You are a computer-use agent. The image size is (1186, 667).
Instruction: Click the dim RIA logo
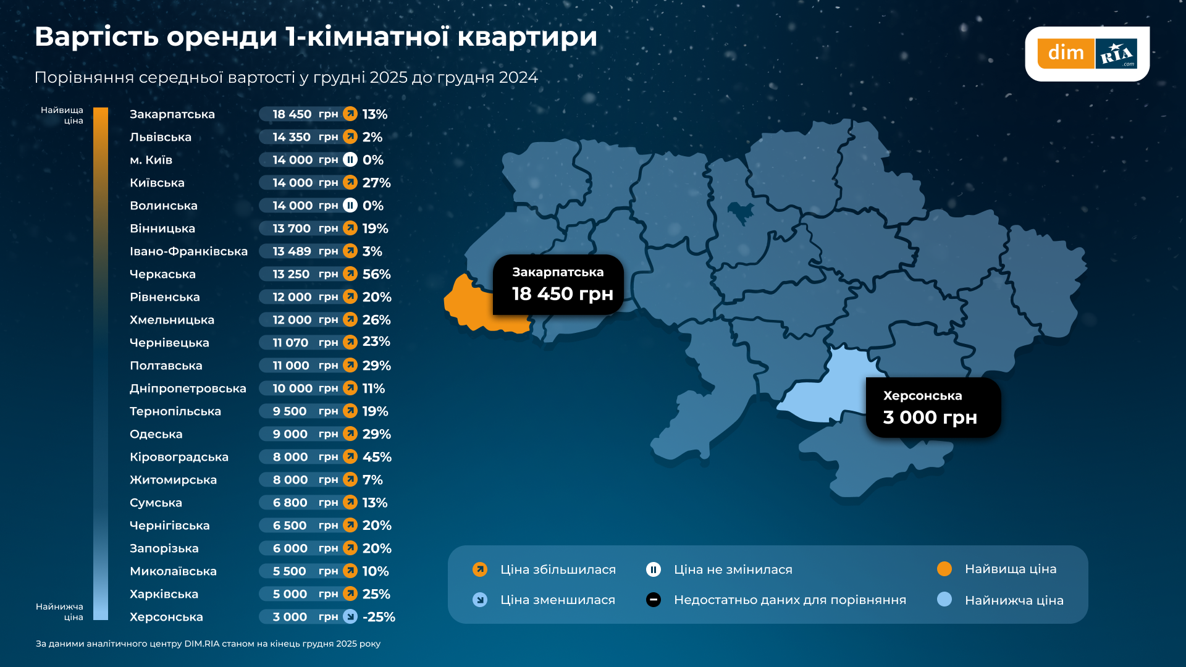pyautogui.click(x=1087, y=54)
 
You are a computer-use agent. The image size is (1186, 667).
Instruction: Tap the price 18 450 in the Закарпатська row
pyautogui.click(x=292, y=114)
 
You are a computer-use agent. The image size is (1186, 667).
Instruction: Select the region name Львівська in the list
pyautogui.click(x=161, y=137)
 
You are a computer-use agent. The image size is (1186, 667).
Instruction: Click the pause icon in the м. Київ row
pyautogui.click(x=350, y=160)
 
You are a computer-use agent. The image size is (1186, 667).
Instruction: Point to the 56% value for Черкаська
pyautogui.click(x=376, y=274)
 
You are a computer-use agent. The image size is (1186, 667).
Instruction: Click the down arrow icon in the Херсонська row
pyautogui.click(x=350, y=616)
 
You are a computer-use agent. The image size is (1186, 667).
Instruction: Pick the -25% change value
pyautogui.click(x=379, y=617)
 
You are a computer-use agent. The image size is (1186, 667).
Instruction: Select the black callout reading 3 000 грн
pyautogui.click(x=933, y=408)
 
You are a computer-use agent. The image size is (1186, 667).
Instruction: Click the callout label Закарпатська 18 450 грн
pyautogui.click(x=558, y=285)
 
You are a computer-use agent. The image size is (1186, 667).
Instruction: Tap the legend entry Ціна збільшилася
pyautogui.click(x=558, y=569)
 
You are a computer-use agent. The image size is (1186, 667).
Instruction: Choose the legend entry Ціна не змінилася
pyautogui.click(x=733, y=569)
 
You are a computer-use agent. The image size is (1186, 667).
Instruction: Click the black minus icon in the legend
pyautogui.click(x=654, y=600)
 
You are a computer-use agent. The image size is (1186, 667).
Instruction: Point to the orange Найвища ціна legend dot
pyautogui.click(x=944, y=569)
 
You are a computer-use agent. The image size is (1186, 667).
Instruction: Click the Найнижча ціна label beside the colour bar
pyautogui.click(x=60, y=611)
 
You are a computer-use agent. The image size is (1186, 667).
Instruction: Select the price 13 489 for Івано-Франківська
pyautogui.click(x=292, y=251)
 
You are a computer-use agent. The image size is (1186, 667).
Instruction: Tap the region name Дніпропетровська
pyautogui.click(x=188, y=388)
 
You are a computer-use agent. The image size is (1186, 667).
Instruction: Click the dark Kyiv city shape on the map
pyautogui.click(x=740, y=212)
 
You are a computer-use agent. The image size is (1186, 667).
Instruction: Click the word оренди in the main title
pyautogui.click(x=222, y=37)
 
